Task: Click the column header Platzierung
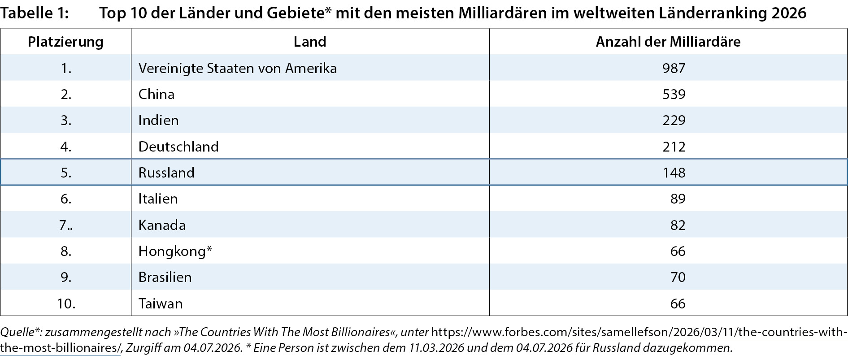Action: click(x=65, y=42)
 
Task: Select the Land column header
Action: click(x=310, y=42)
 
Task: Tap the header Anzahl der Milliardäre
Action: click(x=668, y=42)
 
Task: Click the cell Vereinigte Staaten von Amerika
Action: click(x=238, y=68)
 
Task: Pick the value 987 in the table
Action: click(x=674, y=68)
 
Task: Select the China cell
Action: click(x=157, y=94)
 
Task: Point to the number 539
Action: click(x=674, y=94)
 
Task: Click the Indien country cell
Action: click(x=158, y=120)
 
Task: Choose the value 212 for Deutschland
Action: click(x=674, y=147)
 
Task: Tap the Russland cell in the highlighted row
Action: click(x=166, y=173)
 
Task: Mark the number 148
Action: click(x=674, y=173)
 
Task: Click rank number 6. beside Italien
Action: click(x=66, y=199)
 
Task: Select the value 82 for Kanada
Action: click(x=678, y=225)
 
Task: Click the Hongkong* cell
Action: click(x=175, y=251)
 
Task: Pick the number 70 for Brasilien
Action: click(x=678, y=277)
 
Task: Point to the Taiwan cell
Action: click(x=161, y=304)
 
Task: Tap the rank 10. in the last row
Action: click(x=66, y=304)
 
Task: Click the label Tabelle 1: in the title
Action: click(x=35, y=13)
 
